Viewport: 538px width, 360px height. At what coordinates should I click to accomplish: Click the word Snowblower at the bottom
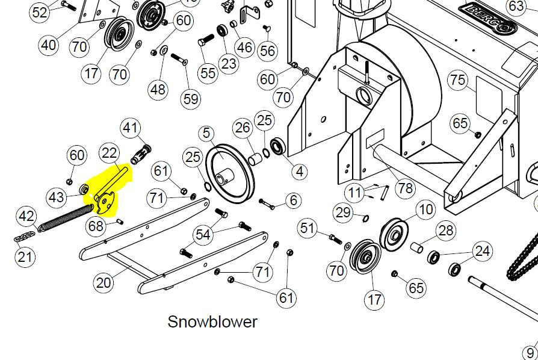(212, 322)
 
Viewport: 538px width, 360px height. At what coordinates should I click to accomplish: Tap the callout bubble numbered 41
(130, 128)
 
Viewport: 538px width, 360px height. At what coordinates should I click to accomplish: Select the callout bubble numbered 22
(109, 153)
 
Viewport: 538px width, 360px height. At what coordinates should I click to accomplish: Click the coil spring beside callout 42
(65, 217)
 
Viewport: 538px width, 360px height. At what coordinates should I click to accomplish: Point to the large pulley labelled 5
(230, 173)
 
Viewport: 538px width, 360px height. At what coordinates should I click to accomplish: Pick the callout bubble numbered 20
(104, 283)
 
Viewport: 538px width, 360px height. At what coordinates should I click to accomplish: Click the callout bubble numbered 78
(405, 188)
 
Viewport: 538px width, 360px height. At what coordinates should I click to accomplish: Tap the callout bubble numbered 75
(458, 80)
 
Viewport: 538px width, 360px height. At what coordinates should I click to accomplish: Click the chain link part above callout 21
(24, 237)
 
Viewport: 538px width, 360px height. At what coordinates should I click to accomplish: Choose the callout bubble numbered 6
(293, 200)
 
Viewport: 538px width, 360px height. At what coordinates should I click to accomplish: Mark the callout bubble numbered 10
(426, 209)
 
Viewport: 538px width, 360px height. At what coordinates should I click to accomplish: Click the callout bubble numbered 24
(482, 251)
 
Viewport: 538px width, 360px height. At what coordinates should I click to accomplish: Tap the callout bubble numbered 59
(191, 99)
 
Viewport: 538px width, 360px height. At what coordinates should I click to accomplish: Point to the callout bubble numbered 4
(300, 171)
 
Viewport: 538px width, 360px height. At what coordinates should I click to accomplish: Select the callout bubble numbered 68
(96, 226)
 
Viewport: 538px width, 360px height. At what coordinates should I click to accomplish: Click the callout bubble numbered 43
(57, 197)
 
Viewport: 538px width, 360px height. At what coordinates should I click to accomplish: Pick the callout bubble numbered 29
(343, 213)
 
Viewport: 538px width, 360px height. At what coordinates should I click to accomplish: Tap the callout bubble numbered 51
(307, 228)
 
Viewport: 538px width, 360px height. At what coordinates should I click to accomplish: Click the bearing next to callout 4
(277, 146)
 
